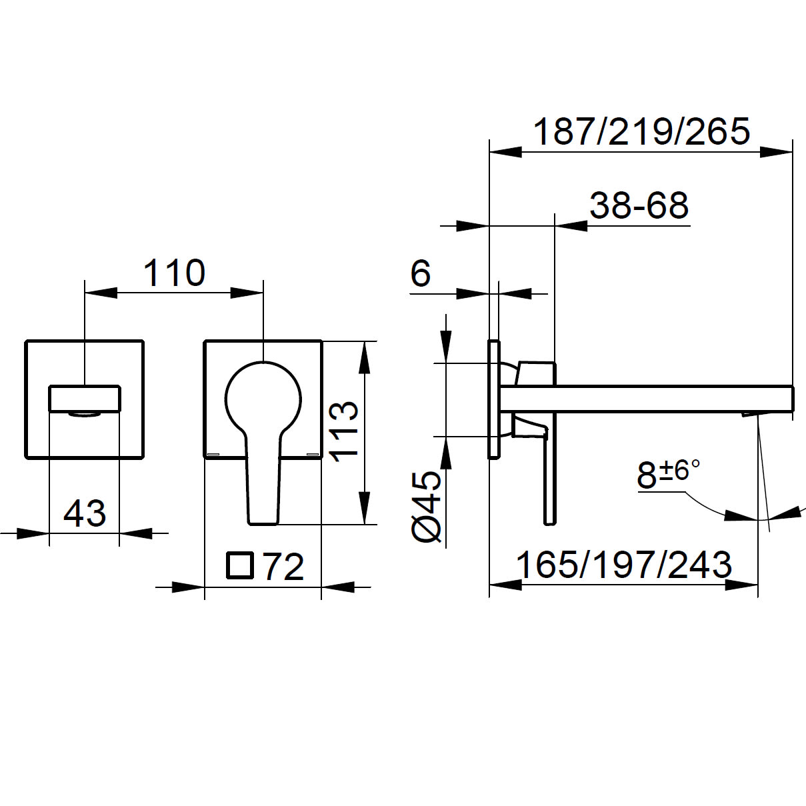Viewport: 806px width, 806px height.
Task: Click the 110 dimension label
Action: click(x=175, y=273)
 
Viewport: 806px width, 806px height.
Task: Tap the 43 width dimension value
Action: click(x=85, y=513)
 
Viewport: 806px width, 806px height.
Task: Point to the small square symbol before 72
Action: click(x=240, y=565)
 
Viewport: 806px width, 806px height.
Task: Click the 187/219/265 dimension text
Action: click(x=641, y=131)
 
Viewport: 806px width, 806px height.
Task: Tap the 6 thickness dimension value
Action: click(x=421, y=273)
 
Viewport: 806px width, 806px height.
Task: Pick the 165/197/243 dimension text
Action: click(x=624, y=565)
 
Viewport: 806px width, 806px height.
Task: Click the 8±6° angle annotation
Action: click(x=667, y=475)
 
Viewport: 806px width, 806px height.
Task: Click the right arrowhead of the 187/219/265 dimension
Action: click(x=777, y=152)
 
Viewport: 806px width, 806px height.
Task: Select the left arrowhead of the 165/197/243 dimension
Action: click(x=505, y=585)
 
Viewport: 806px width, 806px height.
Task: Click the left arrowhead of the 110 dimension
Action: click(x=100, y=292)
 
